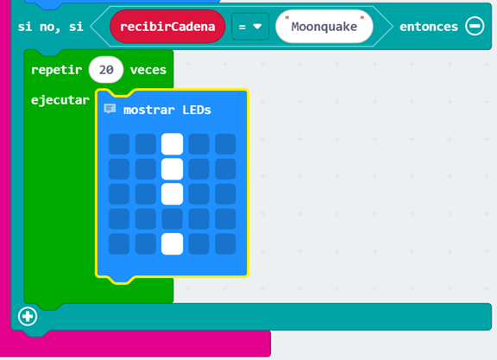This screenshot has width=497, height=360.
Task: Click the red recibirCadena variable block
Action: [167, 26]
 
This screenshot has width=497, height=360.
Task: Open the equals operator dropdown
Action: [250, 27]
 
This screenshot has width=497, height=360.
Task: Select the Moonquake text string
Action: [324, 27]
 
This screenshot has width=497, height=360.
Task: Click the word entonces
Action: [429, 27]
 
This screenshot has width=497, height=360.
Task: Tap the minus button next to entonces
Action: [475, 26]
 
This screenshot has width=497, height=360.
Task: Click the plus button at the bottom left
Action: [28, 316]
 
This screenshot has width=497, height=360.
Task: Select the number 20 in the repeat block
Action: [106, 70]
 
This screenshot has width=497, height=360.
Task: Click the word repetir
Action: [56, 70]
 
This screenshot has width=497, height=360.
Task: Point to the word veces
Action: [148, 70]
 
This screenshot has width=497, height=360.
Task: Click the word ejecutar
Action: [60, 100]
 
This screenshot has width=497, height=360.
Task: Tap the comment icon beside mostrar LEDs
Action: [110, 109]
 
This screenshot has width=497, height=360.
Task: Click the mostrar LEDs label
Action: [167, 110]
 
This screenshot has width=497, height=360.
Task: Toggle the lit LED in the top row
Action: [172, 144]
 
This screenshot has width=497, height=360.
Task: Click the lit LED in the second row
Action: [172, 169]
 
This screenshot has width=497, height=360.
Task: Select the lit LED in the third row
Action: [172, 194]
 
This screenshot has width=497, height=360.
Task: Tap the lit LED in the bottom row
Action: [172, 244]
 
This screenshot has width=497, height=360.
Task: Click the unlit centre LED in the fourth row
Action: [172, 219]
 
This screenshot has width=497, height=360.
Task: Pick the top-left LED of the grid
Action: [119, 144]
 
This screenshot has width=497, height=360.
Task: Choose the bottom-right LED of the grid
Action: [225, 244]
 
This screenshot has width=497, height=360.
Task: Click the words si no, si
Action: [51, 27]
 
